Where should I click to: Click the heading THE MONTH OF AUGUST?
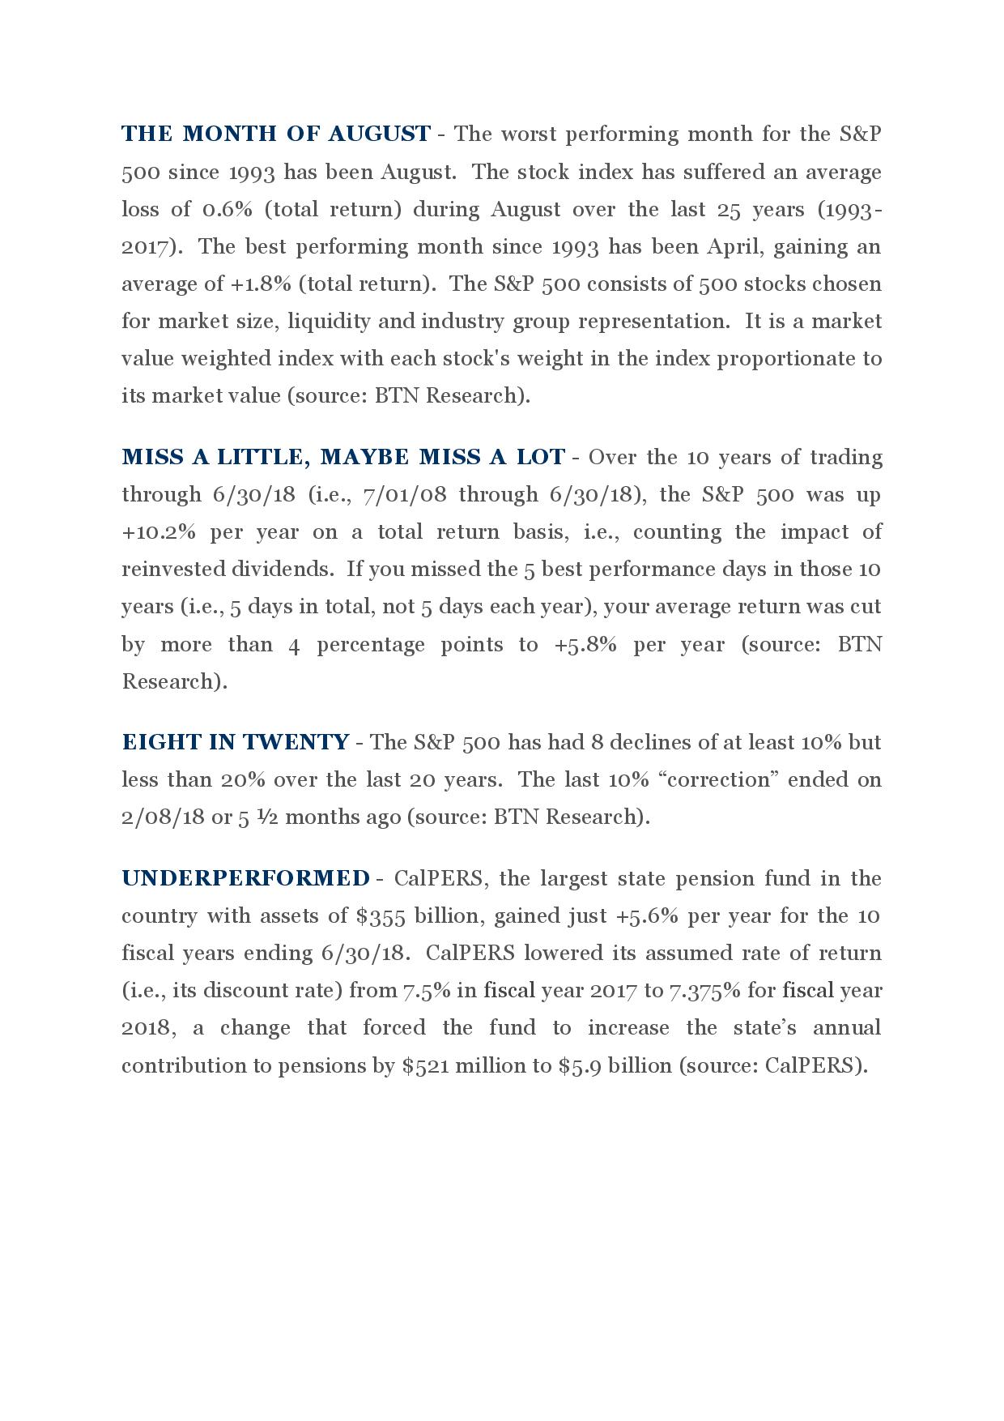pos(275,134)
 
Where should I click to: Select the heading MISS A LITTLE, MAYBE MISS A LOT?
pos(342,458)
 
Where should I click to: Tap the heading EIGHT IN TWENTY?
pos(235,742)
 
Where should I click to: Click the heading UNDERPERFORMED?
pos(245,878)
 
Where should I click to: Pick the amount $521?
pos(425,1065)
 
